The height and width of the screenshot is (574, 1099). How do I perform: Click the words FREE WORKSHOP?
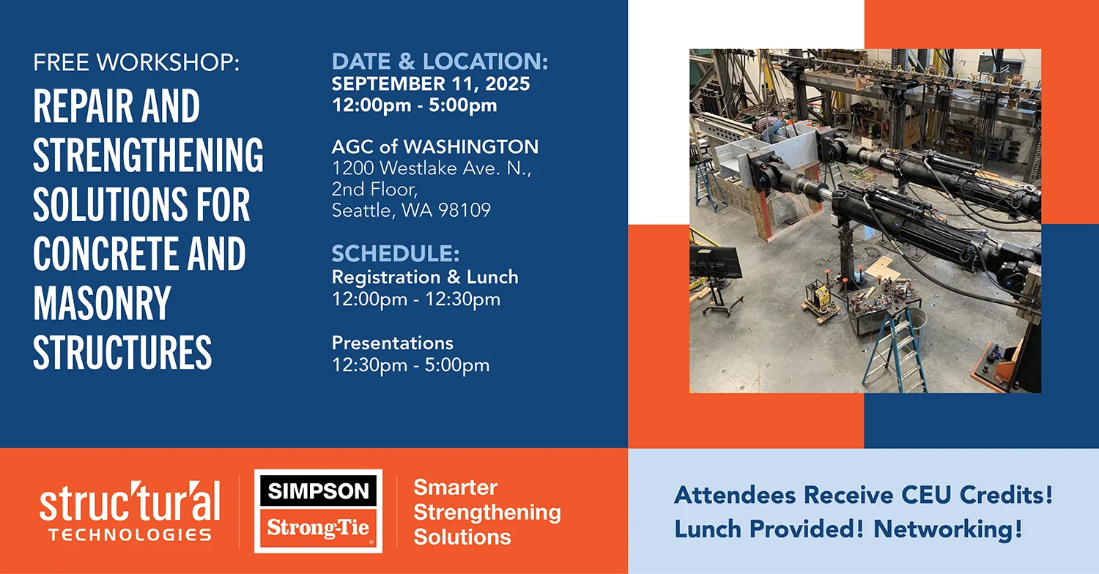[x=136, y=62]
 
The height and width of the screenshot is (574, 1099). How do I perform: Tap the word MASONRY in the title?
[x=102, y=303]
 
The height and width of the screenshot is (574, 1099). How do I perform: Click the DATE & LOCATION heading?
[x=440, y=61]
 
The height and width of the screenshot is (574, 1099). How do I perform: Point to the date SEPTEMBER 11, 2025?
[x=431, y=83]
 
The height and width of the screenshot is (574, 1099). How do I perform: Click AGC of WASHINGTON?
[x=434, y=146]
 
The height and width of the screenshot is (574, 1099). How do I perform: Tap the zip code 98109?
[x=464, y=210]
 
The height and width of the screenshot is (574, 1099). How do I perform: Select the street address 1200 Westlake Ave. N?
[x=432, y=168]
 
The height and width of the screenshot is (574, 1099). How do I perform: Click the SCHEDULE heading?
[x=396, y=253]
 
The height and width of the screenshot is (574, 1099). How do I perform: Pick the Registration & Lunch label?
[x=425, y=277]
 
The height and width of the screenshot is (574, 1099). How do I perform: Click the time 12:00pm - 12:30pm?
[x=416, y=299]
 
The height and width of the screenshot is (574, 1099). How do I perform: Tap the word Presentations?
[x=393, y=343]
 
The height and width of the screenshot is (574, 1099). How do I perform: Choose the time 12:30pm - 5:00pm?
[x=410, y=365]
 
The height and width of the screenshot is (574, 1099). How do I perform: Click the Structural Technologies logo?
[x=130, y=511]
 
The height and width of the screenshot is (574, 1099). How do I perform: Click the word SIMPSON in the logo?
[x=318, y=491]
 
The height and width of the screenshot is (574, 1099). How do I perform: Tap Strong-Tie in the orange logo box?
[x=318, y=528]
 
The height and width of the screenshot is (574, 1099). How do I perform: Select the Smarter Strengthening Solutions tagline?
[x=486, y=512]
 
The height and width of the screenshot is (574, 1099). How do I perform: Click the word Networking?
[x=948, y=529]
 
